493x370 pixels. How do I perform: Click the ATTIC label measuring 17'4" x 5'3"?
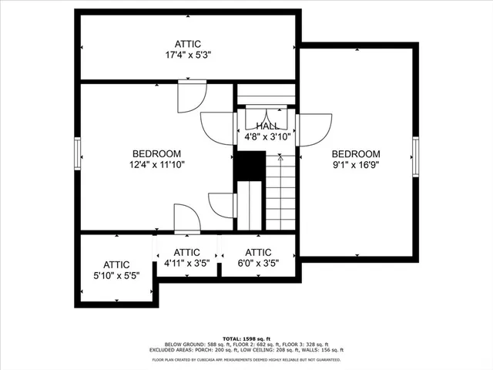[188, 43]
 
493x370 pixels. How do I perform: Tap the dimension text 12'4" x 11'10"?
[156, 164]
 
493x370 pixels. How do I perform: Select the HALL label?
[267, 126]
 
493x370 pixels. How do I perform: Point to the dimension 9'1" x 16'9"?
[356, 164]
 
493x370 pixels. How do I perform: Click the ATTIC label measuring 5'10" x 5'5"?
[117, 264]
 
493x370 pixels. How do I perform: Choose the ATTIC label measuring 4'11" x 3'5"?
[186, 252]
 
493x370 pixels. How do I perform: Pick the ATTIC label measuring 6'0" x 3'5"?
[258, 252]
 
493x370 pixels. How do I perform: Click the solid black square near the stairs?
[250, 165]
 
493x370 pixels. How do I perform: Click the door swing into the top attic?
[191, 96]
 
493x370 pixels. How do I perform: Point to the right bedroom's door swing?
[314, 129]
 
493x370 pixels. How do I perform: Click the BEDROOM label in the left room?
[156, 153]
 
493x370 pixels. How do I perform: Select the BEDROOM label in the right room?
[356, 153]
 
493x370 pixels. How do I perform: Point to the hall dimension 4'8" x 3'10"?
[267, 136]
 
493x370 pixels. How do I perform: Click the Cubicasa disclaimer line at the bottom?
[246, 359]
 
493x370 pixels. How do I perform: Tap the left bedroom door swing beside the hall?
[219, 128]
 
